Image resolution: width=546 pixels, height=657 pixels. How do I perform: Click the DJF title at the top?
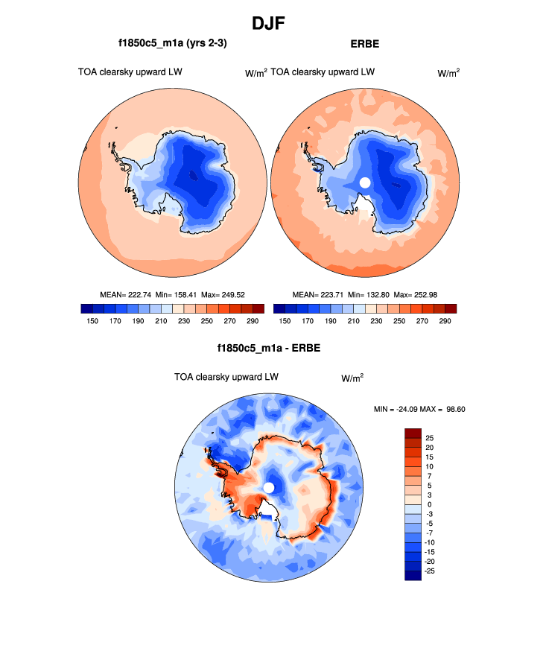pyautogui.click(x=272, y=23)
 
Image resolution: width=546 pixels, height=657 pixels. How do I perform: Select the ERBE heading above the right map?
pyautogui.click(x=364, y=44)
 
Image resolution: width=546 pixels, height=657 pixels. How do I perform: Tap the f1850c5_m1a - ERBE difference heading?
pyautogui.click(x=268, y=348)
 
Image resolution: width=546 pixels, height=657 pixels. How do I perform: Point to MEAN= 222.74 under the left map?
pyautogui.click(x=124, y=294)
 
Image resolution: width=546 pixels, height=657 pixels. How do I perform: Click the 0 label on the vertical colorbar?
pyautogui.click(x=428, y=504)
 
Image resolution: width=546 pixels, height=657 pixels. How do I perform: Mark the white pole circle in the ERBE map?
pyautogui.click(x=365, y=182)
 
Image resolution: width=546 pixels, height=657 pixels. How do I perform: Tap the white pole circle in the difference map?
pyautogui.click(x=269, y=487)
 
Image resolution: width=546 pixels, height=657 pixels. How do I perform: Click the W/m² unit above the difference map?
pyautogui.click(x=352, y=378)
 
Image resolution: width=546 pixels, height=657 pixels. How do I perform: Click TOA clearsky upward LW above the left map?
pyautogui.click(x=130, y=72)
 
